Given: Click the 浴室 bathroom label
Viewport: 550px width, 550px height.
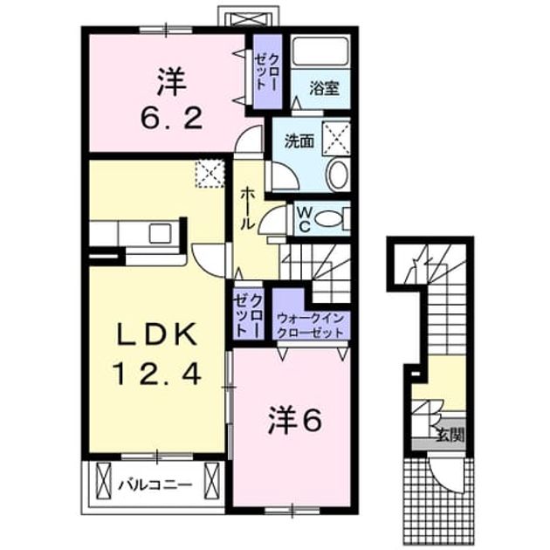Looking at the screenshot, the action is point(324,88).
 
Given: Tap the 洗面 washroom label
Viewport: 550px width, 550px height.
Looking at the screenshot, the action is point(299,141).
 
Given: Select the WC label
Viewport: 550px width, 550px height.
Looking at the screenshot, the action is point(305,220).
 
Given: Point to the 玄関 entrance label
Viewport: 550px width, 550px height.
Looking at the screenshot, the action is point(450,437).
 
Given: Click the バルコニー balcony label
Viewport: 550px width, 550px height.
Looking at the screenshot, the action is point(155,485).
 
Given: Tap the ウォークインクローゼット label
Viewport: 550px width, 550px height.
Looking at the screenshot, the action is point(310,326).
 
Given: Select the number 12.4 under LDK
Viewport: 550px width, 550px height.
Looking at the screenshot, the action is point(156,374).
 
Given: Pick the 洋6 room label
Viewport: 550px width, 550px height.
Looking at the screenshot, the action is point(295,421).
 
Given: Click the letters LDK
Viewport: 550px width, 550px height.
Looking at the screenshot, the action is point(156,335).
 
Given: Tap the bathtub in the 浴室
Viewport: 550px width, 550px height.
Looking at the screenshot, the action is point(321,51).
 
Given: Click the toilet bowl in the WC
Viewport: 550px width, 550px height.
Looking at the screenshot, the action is point(327,219).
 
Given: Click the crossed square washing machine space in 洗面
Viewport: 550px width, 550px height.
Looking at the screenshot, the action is point(336,138).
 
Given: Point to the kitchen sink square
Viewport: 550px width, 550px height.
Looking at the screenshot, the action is point(160,233).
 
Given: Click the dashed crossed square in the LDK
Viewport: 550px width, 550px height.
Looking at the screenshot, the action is point(210,174).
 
